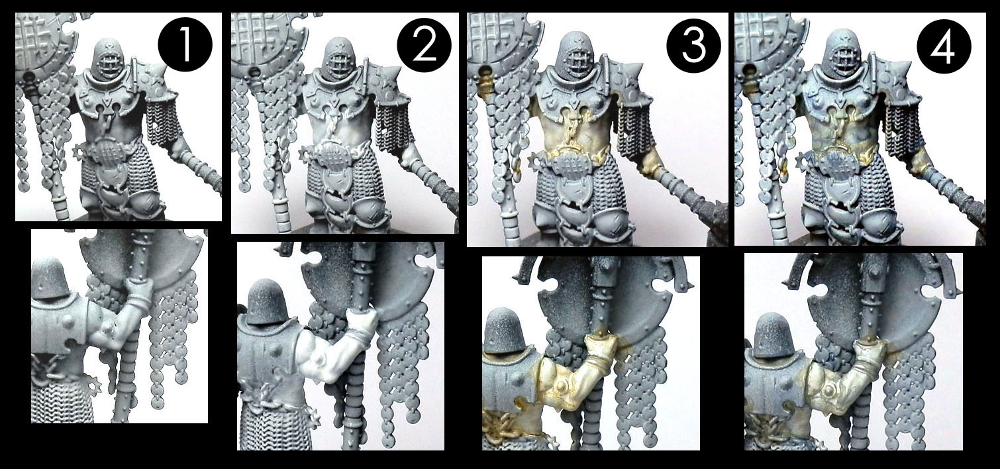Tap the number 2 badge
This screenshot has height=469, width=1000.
(x=423, y=41)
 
